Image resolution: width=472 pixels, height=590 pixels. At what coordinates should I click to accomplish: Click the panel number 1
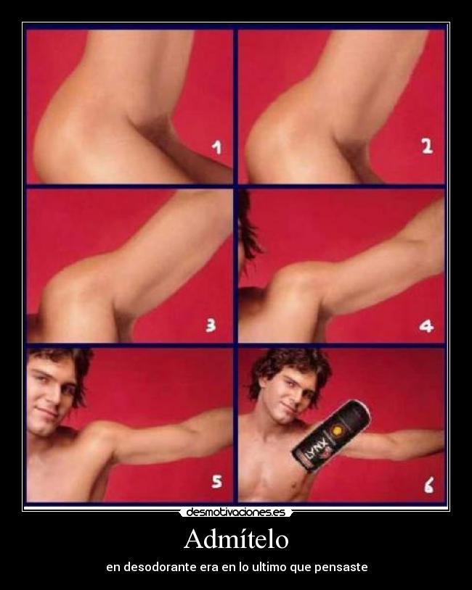pos(216,146)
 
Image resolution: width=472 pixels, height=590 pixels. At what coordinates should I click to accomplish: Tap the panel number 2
pos(427,146)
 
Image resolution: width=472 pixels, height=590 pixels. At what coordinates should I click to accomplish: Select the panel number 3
pos(211,325)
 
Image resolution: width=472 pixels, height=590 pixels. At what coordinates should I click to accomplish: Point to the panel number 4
pos(426,326)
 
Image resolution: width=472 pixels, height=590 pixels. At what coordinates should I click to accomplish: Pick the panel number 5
pos(217,481)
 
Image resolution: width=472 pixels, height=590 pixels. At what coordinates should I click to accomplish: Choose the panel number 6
pos(428,485)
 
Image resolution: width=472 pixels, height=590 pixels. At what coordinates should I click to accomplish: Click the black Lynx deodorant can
pos(331,435)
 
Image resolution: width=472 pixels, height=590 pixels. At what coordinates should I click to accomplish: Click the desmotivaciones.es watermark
pos(235,512)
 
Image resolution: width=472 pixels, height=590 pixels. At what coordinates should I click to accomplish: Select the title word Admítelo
pos(237,539)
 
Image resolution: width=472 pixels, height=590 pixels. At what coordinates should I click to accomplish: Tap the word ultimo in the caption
pos(270,567)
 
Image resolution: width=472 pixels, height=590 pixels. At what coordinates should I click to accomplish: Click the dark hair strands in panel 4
pos(249,225)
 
